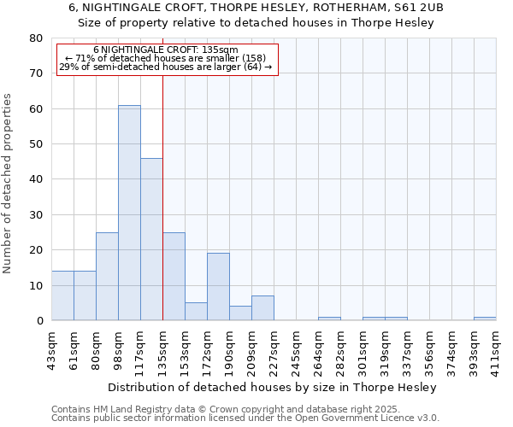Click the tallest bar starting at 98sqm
click(129, 213)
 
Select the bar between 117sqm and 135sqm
click(151, 239)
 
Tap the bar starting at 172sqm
click(218, 287)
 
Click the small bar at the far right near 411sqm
click(485, 319)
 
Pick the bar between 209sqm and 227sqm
click(262, 308)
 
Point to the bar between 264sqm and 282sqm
click(329, 319)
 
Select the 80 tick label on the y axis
click(36, 38)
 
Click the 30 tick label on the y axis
click(36, 214)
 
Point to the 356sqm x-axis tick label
click(430, 350)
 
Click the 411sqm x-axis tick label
click(497, 350)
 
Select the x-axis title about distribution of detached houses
click(274, 388)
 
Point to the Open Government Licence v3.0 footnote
click(376, 418)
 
